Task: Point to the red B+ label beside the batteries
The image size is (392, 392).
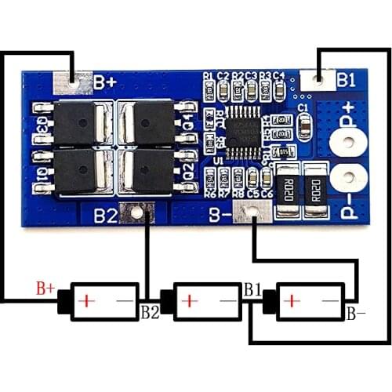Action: [45, 289]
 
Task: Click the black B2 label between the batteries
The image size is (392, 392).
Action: [150, 312]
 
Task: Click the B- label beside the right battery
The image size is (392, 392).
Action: [357, 314]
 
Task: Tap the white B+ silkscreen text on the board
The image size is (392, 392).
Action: [105, 82]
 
